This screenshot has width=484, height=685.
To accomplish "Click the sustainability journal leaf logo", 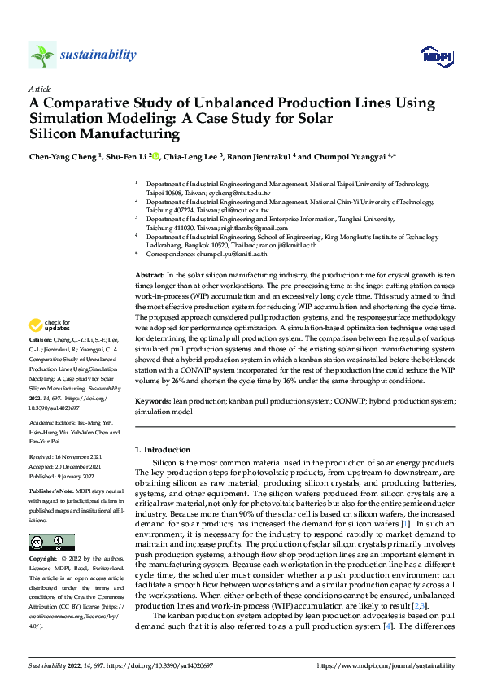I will (42, 55).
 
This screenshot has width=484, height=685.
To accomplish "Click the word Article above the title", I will (40, 89).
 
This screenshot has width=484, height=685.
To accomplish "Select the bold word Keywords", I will (152, 402).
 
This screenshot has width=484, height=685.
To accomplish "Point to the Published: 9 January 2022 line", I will (64, 477).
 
